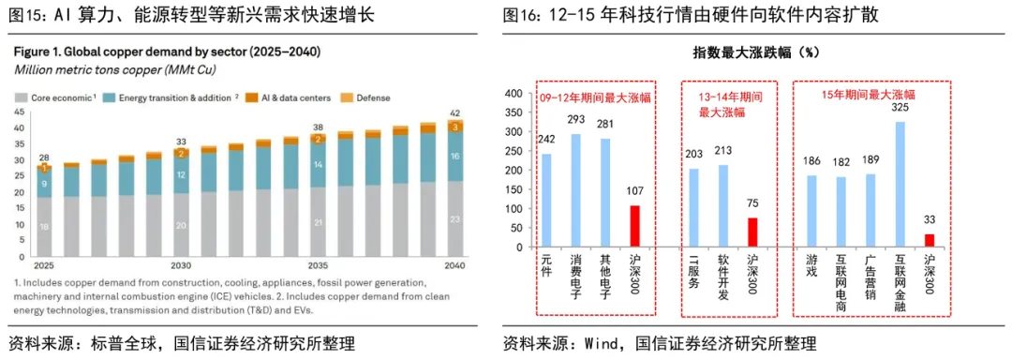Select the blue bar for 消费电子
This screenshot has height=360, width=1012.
[576, 192]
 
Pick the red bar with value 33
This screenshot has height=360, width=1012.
[929, 242]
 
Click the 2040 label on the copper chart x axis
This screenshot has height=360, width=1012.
[453, 265]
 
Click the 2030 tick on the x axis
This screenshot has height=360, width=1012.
[181, 265]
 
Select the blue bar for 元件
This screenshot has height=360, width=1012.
[547, 202]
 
